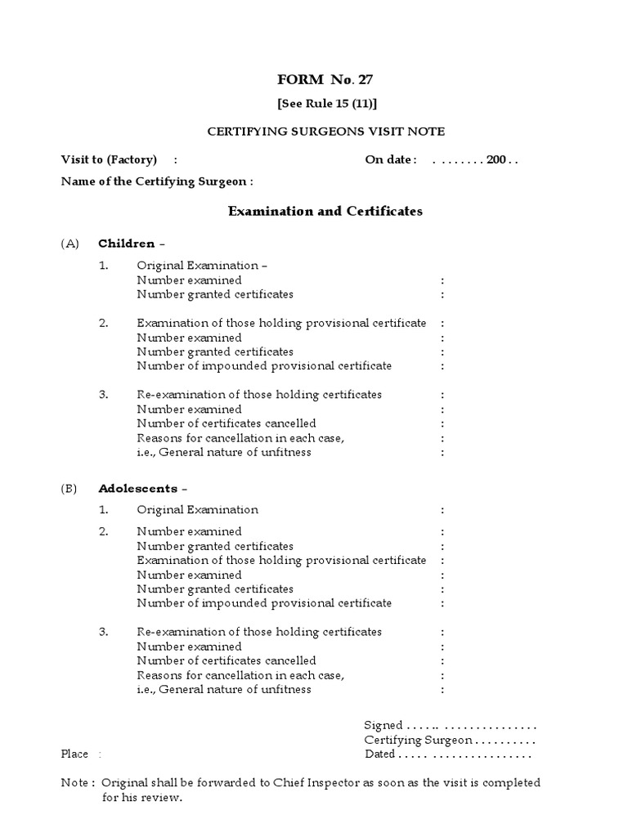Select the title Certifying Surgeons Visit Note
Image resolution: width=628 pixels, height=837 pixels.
[x=325, y=131]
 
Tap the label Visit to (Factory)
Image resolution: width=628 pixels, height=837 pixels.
[x=109, y=159]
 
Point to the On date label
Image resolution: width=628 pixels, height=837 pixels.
[x=390, y=159]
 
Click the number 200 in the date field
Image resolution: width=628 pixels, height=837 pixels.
[x=496, y=159]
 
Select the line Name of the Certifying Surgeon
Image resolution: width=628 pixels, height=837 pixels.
[x=157, y=181]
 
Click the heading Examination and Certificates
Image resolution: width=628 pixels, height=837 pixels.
[x=325, y=211]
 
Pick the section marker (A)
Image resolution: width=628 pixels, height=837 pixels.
[x=70, y=244]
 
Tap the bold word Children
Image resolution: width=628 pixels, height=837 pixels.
[x=126, y=244]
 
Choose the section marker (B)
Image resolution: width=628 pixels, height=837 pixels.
[x=70, y=489]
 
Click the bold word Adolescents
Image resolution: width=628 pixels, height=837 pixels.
[x=137, y=489]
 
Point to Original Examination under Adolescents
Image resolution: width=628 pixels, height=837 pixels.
[x=197, y=510]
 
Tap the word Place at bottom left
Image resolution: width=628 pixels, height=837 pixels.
[x=74, y=754]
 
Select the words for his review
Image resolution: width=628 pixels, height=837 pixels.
[x=141, y=798]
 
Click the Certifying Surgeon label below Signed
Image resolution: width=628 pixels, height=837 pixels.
[x=418, y=740]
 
